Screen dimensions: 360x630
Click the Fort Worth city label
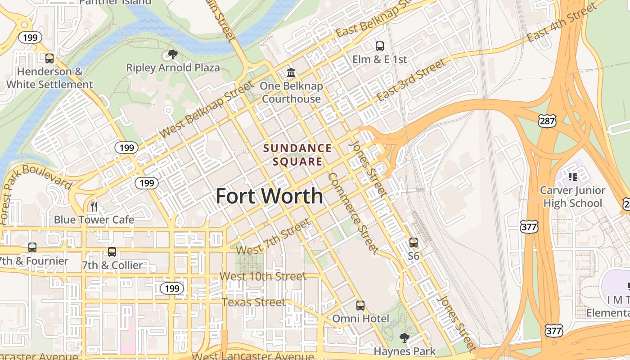[269, 196]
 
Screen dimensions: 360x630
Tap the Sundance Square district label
[297, 154]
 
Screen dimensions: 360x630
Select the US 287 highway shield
[547, 121]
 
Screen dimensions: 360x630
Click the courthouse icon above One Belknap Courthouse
[291, 72]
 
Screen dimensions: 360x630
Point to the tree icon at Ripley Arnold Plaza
[172, 55]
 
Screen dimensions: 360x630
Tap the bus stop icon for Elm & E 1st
[379, 46]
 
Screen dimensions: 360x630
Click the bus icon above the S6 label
[413, 243]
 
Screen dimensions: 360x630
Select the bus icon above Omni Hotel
[360, 306]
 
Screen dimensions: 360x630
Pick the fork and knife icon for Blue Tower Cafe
[94, 207]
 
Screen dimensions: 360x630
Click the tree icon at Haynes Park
[404, 338]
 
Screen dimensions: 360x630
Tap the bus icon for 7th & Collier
[112, 252]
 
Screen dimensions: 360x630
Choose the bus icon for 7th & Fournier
[32, 247]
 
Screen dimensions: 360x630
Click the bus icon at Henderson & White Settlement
[49, 58]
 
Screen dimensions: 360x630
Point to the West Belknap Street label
[207, 109]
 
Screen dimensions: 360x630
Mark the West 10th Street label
[263, 276]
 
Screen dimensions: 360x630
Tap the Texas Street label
[253, 302]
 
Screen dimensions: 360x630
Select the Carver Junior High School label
[572, 197]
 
